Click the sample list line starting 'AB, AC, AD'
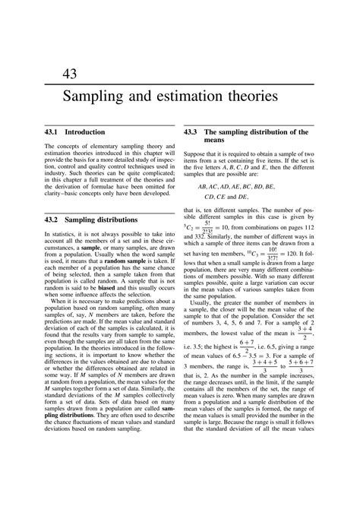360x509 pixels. (236, 185)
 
